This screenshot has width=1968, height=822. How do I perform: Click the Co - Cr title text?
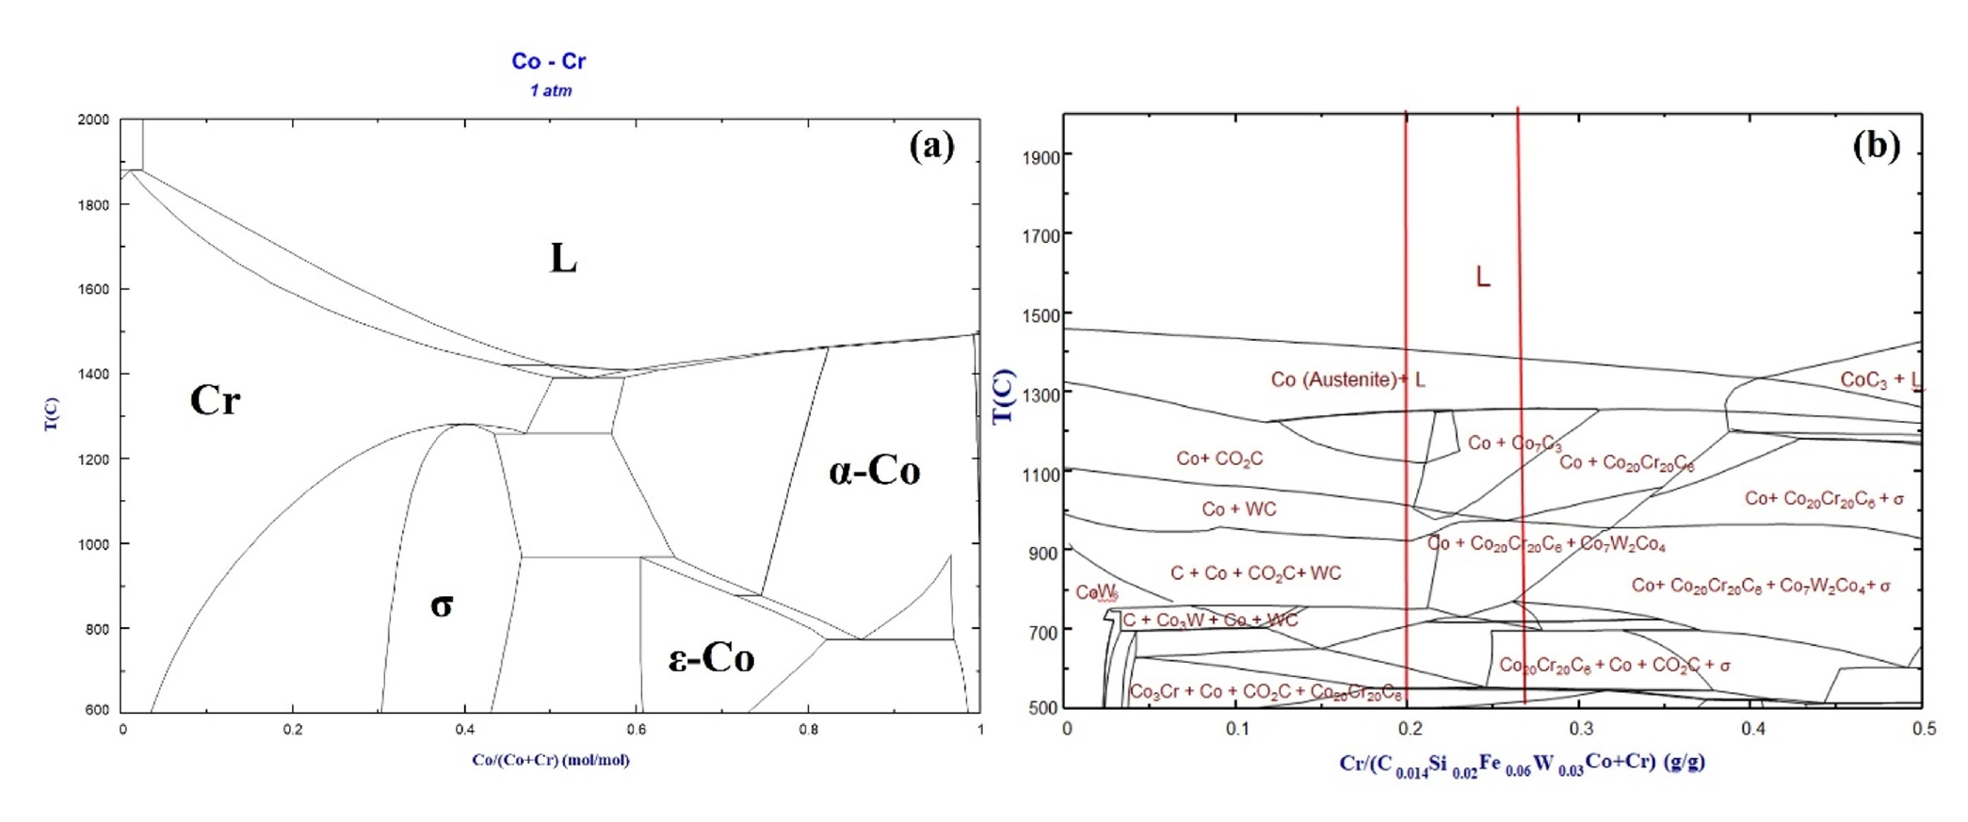[548, 61]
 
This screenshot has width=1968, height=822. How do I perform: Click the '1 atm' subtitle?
[551, 91]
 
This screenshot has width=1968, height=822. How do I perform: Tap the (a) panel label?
[931, 146]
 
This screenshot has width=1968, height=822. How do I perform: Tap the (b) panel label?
[1876, 146]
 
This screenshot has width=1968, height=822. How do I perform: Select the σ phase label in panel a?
[442, 604]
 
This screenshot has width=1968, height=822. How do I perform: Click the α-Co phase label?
[874, 471]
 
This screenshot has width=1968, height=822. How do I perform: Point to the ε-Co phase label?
[711, 658]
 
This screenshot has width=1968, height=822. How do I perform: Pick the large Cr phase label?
[215, 401]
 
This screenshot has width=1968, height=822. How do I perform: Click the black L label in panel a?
[563, 258]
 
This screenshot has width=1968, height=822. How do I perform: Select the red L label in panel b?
[1482, 277]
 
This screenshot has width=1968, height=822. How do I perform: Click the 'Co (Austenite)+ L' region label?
[1347, 379]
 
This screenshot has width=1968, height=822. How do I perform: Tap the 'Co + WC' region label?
[1238, 509]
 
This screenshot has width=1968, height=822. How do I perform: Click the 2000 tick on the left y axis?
[93, 120]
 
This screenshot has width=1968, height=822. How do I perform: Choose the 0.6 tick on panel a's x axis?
[637, 730]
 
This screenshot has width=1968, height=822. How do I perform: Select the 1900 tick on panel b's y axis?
[1040, 157]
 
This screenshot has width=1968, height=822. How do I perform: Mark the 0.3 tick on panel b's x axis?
[1581, 728]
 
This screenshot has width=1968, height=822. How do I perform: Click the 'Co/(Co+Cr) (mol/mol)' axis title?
[551, 760]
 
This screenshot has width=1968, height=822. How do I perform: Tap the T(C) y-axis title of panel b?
[1004, 396]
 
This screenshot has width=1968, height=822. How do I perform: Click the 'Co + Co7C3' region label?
[1514, 443]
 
